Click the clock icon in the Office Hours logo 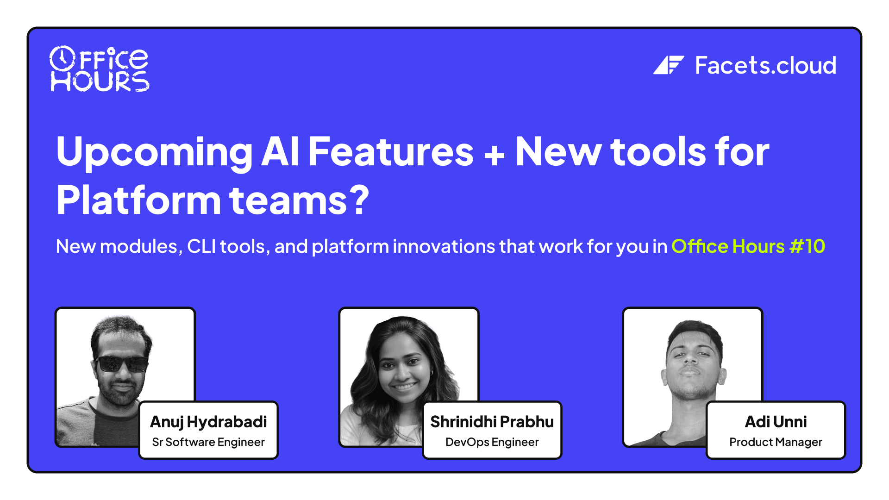62,58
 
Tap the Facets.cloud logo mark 668,65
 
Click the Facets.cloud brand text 765,65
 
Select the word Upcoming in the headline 154,153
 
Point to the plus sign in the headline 494,155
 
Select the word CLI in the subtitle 201,246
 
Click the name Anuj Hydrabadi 208,422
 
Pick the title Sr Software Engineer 208,442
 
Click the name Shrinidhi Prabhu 492,422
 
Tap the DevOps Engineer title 492,442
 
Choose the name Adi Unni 776,422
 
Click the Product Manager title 776,442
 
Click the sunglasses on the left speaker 121,364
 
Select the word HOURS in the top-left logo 100,81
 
